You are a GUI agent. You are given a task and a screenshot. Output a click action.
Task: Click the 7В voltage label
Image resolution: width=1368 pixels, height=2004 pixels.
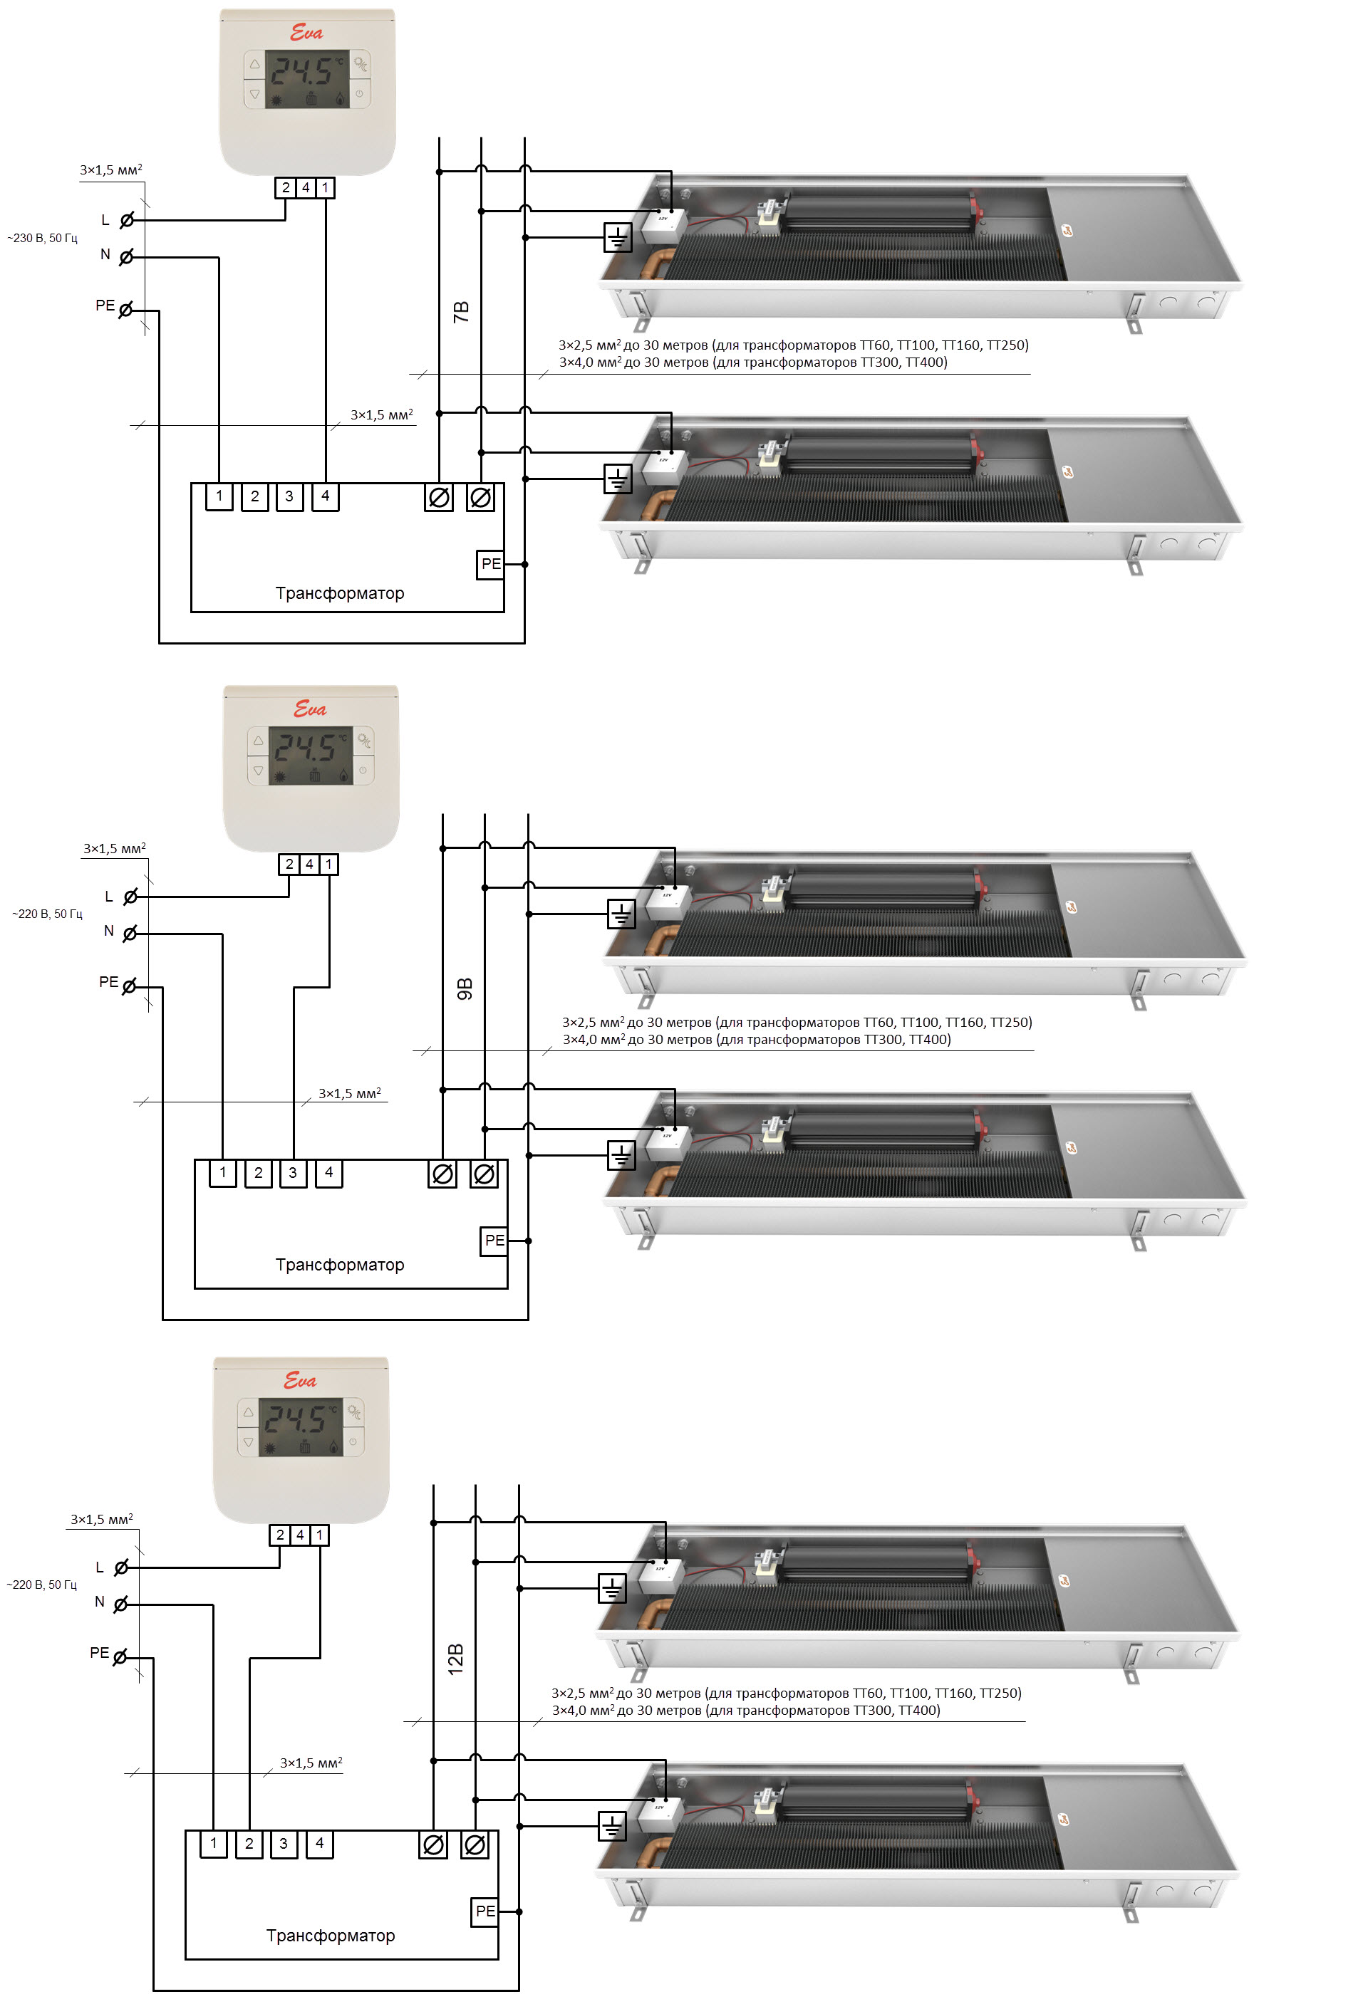click(460, 312)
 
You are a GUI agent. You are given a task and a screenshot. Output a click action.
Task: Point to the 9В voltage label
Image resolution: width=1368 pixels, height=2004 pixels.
click(464, 989)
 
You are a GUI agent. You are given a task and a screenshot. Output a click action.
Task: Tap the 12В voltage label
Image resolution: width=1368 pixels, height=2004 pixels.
click(455, 1659)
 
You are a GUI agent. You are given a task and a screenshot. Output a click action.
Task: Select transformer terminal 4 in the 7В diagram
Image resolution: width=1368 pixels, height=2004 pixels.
click(325, 496)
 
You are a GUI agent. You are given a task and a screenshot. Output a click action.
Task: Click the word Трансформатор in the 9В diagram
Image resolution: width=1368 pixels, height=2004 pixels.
click(340, 1264)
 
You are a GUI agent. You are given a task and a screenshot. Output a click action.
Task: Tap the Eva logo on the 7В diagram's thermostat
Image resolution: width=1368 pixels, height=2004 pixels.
click(306, 33)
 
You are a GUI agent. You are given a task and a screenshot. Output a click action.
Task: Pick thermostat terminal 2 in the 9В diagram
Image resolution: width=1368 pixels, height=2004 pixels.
click(289, 864)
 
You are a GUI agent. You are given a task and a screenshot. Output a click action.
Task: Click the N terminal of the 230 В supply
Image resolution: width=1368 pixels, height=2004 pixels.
click(126, 256)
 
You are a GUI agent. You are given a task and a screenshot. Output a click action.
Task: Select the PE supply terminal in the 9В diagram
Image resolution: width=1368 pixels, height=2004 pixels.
click(130, 986)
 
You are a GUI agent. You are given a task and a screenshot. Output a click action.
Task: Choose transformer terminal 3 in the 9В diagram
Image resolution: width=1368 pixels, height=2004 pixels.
click(294, 1173)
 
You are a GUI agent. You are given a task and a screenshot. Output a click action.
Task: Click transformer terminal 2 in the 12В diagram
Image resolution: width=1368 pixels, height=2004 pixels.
click(249, 1844)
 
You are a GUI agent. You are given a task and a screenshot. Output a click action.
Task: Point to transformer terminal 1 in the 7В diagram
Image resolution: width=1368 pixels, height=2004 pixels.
click(219, 496)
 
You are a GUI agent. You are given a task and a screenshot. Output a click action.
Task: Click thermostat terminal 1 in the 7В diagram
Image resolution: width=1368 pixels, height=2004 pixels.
click(325, 187)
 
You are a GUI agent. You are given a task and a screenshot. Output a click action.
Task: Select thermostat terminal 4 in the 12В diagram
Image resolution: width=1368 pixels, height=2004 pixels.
click(299, 1535)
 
